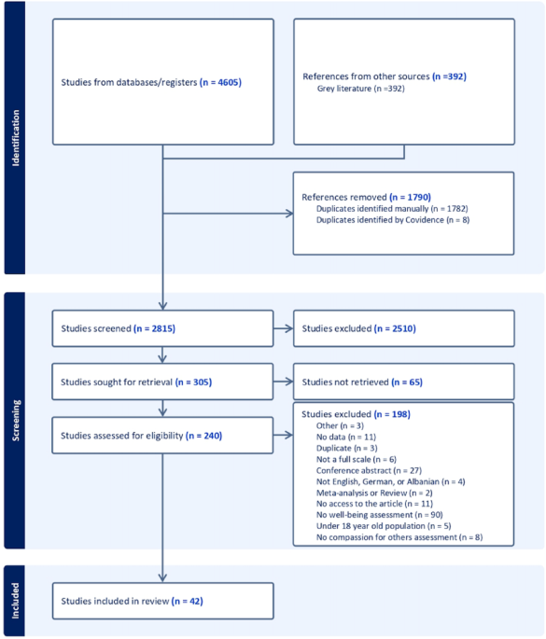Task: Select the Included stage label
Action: [15, 600]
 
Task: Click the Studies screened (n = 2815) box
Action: [163, 329]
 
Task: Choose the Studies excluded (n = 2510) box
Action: [403, 329]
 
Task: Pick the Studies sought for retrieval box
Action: [163, 382]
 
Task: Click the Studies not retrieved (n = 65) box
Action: [403, 382]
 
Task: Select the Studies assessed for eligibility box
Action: [163, 435]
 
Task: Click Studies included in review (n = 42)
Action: [163, 600]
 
